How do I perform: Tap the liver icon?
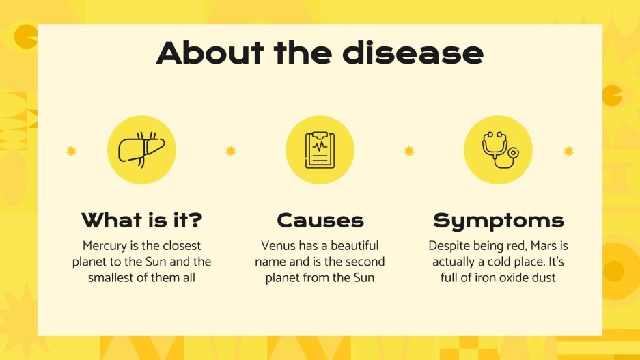point(141,150)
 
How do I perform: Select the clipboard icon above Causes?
point(320,150)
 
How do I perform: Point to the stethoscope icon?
point(498,150)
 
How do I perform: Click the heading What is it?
point(141,221)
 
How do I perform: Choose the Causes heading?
point(320,221)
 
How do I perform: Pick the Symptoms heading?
point(498,221)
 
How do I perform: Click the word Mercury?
point(105,245)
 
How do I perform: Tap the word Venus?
point(277,245)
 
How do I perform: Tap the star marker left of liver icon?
point(71,151)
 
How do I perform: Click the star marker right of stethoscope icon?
point(568,151)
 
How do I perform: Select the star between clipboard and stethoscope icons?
point(409,151)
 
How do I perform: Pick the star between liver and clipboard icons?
point(230,151)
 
